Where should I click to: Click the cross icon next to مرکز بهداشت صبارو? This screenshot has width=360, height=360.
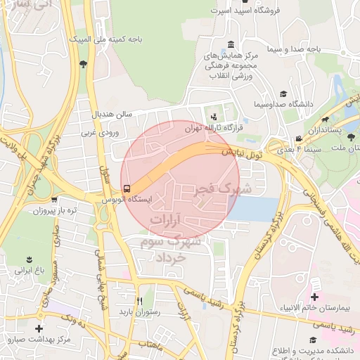[x=38, y=328]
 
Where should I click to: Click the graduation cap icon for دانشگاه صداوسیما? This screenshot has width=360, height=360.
[x=283, y=94]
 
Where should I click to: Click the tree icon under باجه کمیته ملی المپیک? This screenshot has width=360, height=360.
[x=84, y=65]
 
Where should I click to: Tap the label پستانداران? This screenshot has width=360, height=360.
[x=326, y=130]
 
